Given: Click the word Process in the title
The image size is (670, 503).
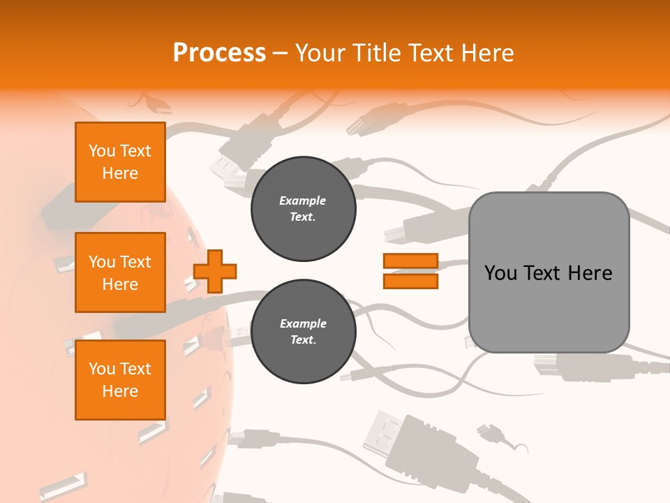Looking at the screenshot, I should point(219,53).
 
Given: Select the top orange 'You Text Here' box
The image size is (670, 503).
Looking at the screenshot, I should point(120,162).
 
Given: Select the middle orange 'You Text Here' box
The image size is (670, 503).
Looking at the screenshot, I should point(120,272).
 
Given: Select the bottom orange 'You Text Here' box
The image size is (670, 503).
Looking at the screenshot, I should point(120,380).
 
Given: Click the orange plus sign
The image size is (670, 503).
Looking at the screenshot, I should point(215,271).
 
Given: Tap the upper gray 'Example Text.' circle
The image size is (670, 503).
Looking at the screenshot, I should point(303,209).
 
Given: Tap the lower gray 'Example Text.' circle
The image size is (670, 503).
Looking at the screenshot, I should point(303,332).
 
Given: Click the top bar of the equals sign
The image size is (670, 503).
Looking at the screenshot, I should point(410,261).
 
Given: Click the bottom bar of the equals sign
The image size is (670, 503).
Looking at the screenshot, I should point(410,281).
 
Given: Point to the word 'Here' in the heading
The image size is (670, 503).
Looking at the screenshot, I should point(486,53).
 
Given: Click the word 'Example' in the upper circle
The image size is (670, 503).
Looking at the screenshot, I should point(303,201).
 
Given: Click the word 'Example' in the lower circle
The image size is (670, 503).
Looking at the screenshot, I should point(303,324).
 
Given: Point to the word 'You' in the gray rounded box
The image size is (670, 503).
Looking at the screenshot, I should point(500,273).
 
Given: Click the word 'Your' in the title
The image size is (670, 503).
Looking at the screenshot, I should point(321,53).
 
